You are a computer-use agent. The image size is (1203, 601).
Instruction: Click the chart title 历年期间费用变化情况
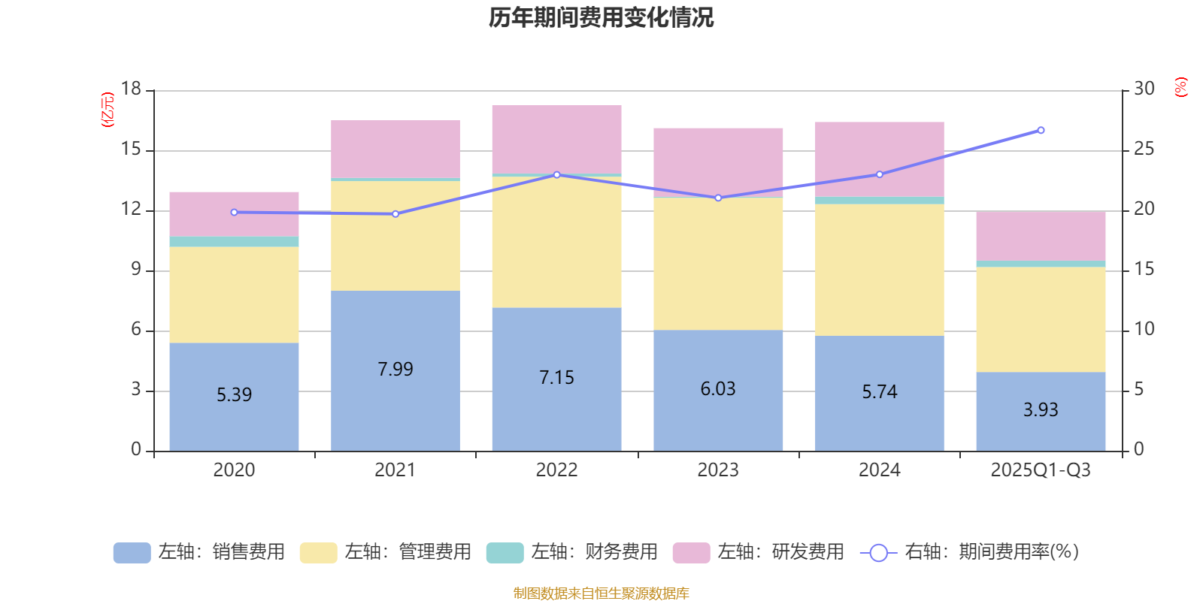(601, 17)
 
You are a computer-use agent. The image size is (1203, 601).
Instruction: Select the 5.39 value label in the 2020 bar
(234, 394)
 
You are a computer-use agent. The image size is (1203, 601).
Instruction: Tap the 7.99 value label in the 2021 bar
(395, 369)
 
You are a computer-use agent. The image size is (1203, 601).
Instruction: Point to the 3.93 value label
(1041, 409)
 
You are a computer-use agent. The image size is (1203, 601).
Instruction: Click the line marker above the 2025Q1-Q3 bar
(1041, 130)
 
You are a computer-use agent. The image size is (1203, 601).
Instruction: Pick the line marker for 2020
(234, 213)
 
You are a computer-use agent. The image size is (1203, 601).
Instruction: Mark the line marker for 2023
(718, 198)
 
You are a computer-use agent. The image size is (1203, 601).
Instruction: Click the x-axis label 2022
(556, 470)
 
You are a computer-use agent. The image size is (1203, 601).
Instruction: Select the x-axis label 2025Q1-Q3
(1041, 470)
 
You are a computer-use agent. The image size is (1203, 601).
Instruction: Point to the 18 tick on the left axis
(131, 89)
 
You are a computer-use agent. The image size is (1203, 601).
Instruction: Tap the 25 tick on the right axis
(1144, 149)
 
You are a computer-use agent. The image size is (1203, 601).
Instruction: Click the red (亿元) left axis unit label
(108, 110)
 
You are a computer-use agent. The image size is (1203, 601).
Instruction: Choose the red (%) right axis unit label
(1181, 87)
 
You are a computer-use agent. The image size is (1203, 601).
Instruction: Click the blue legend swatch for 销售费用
(132, 552)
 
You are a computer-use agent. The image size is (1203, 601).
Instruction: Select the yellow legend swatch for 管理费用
(318, 552)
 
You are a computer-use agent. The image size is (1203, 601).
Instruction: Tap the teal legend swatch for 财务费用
(505, 552)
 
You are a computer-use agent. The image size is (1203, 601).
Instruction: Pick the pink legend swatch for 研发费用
(691, 552)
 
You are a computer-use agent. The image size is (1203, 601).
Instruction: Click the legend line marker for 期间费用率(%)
(878, 553)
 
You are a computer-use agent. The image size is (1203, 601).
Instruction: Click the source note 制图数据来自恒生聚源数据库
(601, 593)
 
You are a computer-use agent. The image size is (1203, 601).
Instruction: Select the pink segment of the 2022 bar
(556, 139)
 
